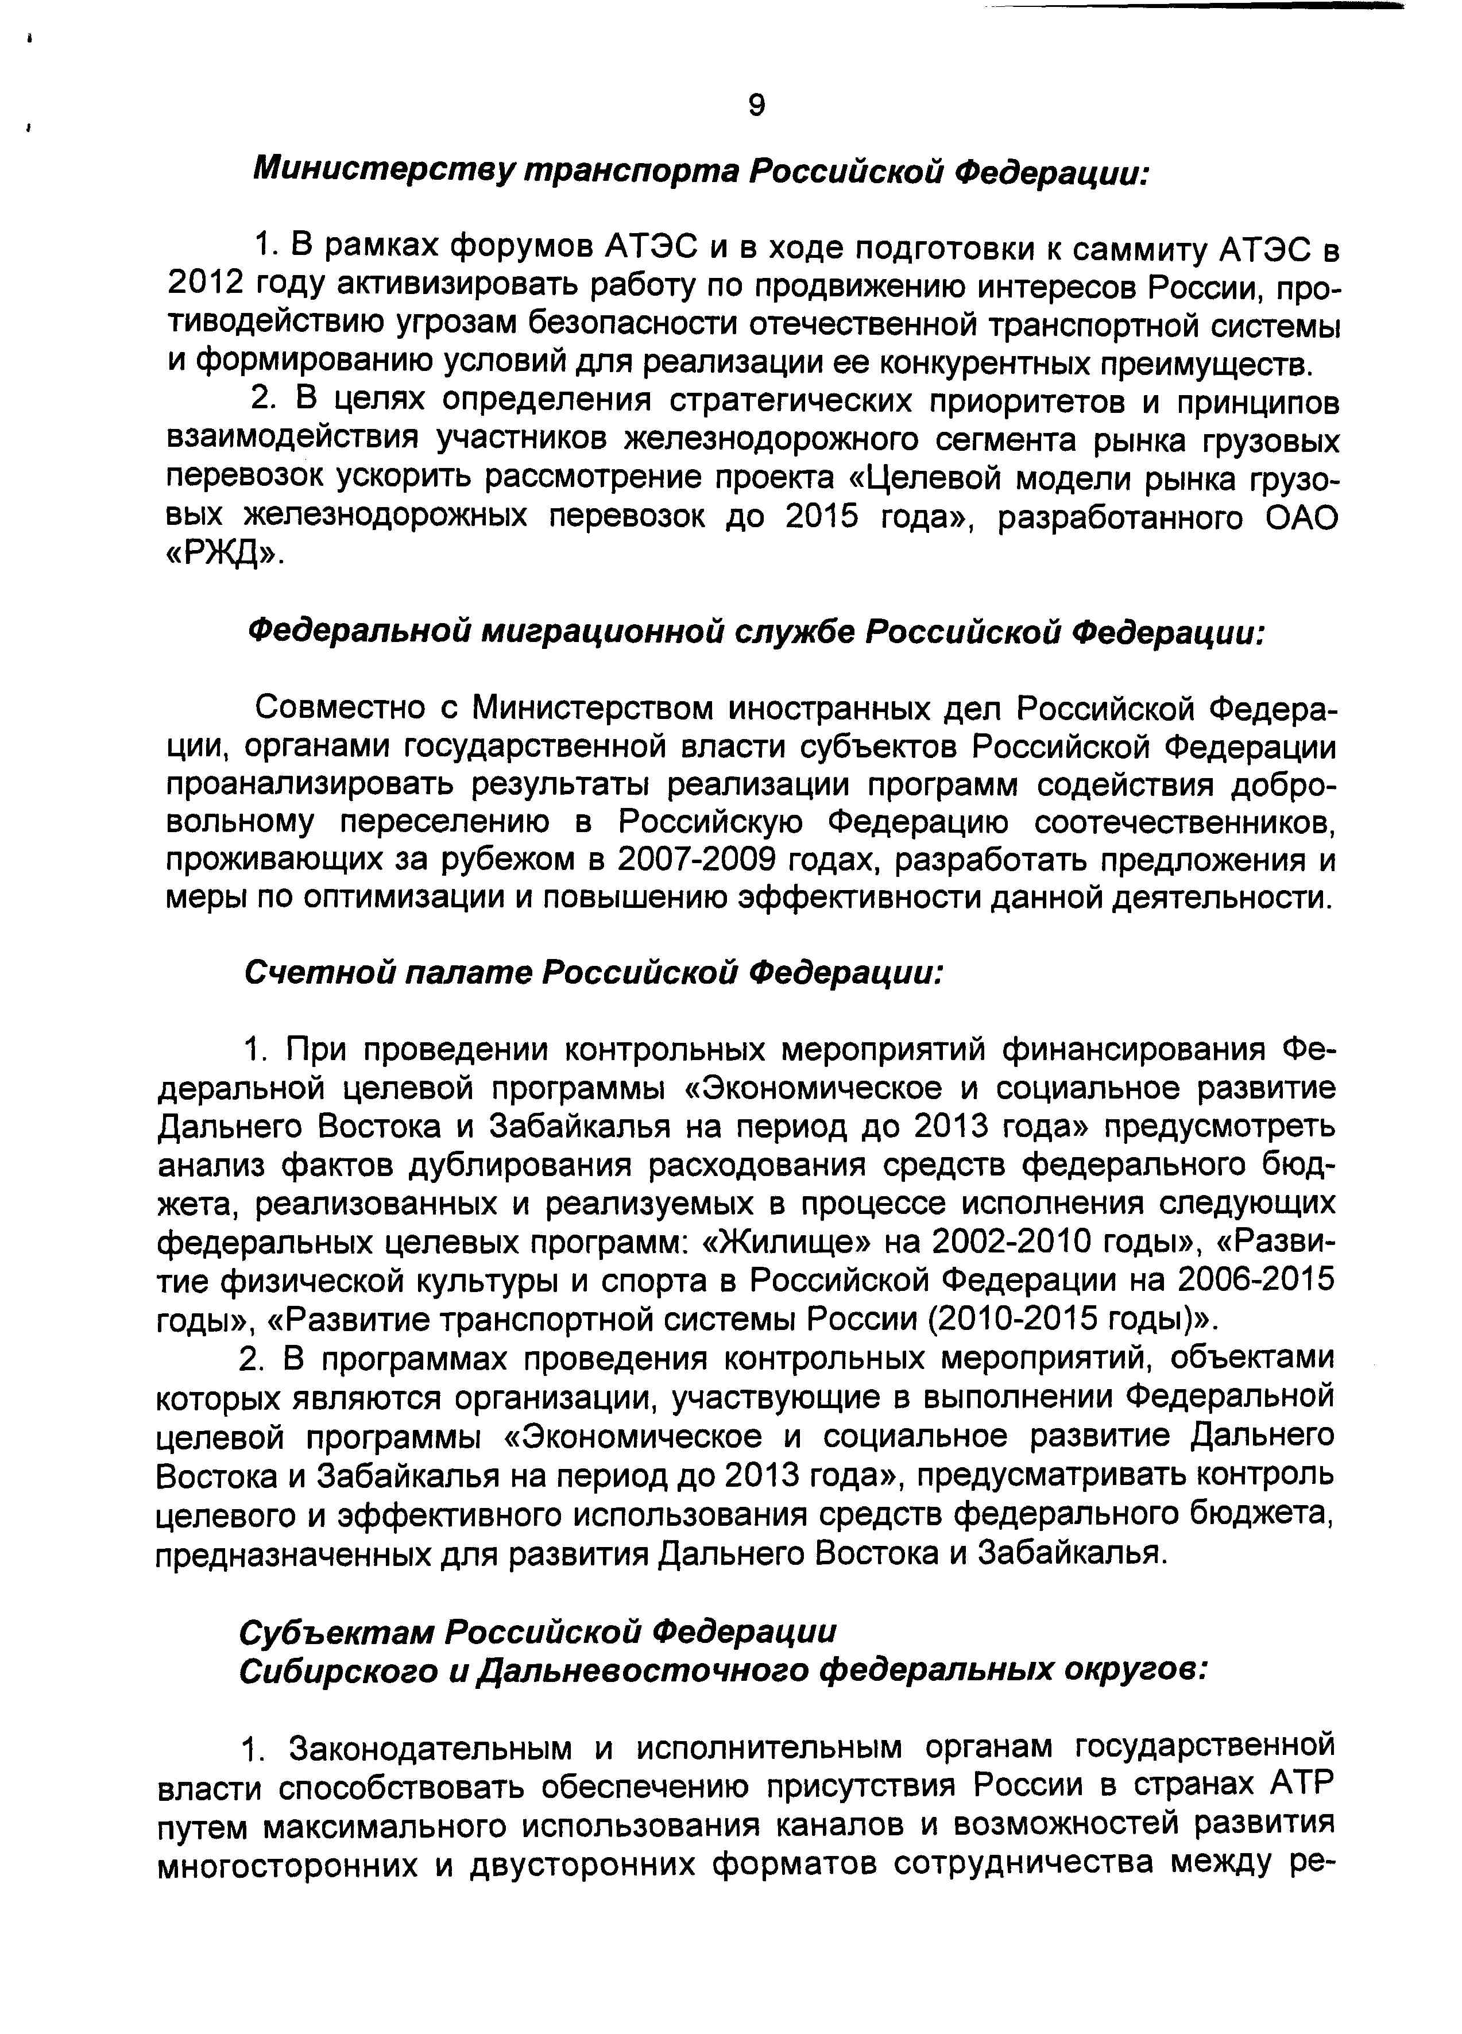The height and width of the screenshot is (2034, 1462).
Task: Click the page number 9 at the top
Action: click(x=756, y=106)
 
